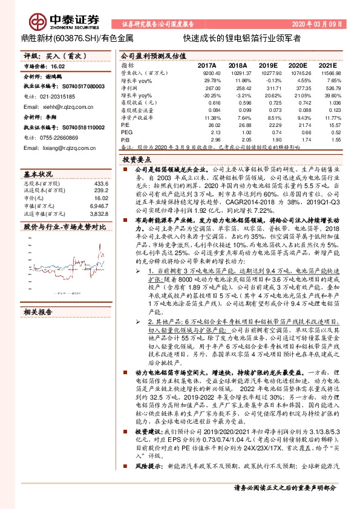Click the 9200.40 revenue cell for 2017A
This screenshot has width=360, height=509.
[x=206, y=72]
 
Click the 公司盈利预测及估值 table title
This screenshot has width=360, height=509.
[x=151, y=54]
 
